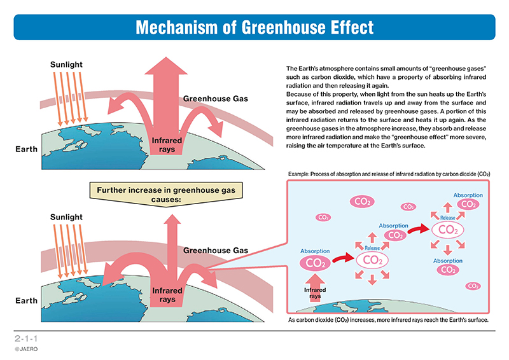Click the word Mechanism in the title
click(x=176, y=27)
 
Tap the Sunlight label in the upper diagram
click(x=66, y=65)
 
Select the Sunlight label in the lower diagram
click(x=66, y=217)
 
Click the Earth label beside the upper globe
click(x=26, y=149)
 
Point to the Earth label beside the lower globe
click(x=26, y=301)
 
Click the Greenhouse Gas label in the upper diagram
click(x=215, y=99)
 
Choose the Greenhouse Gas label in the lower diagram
click(x=215, y=250)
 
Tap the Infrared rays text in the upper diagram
click(x=167, y=145)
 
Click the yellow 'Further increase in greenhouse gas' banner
click(x=166, y=195)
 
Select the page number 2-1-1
click(x=26, y=338)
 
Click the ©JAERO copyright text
click(x=26, y=349)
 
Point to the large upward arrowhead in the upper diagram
click(x=166, y=66)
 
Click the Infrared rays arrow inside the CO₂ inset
click(x=314, y=288)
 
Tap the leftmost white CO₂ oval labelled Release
click(x=372, y=260)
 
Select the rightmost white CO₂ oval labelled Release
click(x=448, y=230)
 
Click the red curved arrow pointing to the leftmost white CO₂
click(x=343, y=258)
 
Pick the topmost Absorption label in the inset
click(x=468, y=195)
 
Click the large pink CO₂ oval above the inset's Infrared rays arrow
click(x=315, y=263)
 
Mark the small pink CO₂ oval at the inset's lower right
click(x=473, y=286)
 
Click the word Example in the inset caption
click(x=298, y=174)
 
